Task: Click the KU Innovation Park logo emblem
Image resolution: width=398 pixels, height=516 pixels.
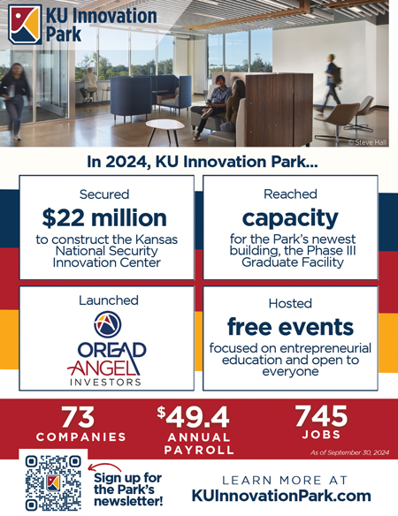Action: pyautogui.click(x=25, y=25)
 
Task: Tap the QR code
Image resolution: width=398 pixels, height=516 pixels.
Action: pyautogui.click(x=53, y=482)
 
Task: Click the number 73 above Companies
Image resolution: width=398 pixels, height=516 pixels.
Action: pyautogui.click(x=78, y=417)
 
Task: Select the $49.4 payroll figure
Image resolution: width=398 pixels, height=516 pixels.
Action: pyautogui.click(x=193, y=417)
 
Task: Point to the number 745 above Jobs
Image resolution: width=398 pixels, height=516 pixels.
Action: pyautogui.click(x=321, y=416)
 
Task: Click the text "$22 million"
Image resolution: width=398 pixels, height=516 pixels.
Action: pyautogui.click(x=104, y=218)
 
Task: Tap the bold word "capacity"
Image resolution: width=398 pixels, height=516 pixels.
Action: pyautogui.click(x=290, y=218)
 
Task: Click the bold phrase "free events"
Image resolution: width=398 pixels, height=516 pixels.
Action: pyautogui.click(x=290, y=327)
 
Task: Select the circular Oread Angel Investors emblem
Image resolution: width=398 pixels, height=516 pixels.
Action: pyautogui.click(x=107, y=324)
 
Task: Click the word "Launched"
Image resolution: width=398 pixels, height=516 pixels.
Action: pyautogui.click(x=109, y=300)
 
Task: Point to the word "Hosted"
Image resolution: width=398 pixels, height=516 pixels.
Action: pyautogui.click(x=290, y=303)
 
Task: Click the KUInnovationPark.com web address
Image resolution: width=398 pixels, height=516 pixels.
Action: pyautogui.click(x=281, y=496)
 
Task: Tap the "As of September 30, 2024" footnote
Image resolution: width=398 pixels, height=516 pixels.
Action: pyautogui.click(x=349, y=452)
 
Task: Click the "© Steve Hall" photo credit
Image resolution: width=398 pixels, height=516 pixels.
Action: pyautogui.click(x=367, y=142)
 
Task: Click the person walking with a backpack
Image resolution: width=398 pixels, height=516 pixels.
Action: pyautogui.click(x=331, y=84)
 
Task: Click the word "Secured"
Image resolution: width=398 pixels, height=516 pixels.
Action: pyautogui.click(x=104, y=194)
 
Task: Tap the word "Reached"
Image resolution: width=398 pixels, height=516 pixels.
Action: pyautogui.click(x=290, y=194)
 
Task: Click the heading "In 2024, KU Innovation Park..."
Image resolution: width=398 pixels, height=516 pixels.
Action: pyautogui.click(x=203, y=163)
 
